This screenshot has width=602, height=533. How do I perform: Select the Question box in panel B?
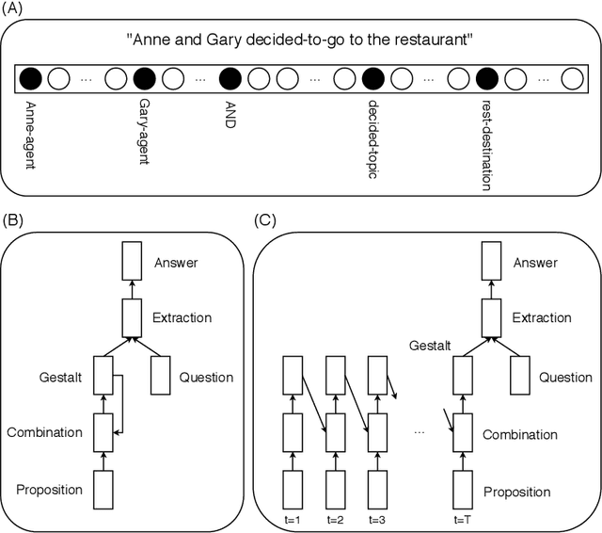click(161, 377)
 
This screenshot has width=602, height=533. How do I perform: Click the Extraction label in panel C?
click(540, 317)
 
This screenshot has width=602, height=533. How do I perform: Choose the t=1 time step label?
click(293, 519)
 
